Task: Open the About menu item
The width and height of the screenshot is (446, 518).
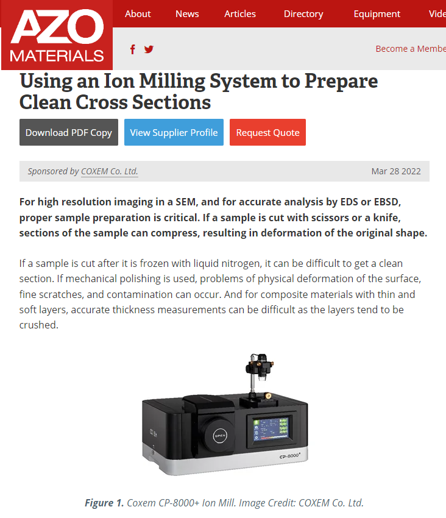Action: [138, 13]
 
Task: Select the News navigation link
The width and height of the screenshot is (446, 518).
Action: [187, 13]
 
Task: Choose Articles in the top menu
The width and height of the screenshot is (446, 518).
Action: [240, 13]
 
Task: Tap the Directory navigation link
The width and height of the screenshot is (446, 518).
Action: [303, 13]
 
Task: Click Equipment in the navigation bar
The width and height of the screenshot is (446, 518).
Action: [377, 13]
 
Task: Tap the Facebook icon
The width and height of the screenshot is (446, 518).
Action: [133, 49]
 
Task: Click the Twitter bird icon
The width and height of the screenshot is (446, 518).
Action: [149, 49]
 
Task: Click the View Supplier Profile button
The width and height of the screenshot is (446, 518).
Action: [174, 132]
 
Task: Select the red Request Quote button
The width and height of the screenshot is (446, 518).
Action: [267, 132]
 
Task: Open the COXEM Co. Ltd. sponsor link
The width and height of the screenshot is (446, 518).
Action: [110, 171]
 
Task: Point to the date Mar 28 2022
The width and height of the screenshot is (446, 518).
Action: [396, 171]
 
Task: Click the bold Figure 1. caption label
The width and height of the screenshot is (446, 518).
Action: [104, 503]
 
